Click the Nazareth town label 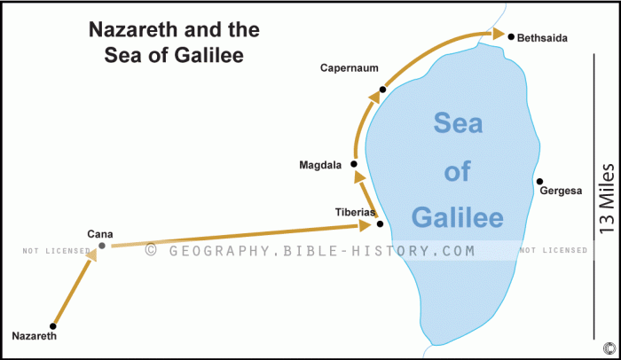tap(35, 336)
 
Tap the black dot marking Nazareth tap(53, 325)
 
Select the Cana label tap(99, 233)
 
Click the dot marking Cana tap(102, 246)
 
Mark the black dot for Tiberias tap(380, 223)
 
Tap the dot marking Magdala tap(353, 164)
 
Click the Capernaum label tap(350, 68)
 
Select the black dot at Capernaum tap(382, 89)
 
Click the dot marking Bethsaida tap(511, 36)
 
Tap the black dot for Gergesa tap(539, 182)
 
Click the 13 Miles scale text tap(607, 198)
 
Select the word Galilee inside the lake tap(458, 216)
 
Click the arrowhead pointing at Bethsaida tap(485, 34)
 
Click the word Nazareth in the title tap(134, 30)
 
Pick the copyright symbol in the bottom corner tap(609, 347)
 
